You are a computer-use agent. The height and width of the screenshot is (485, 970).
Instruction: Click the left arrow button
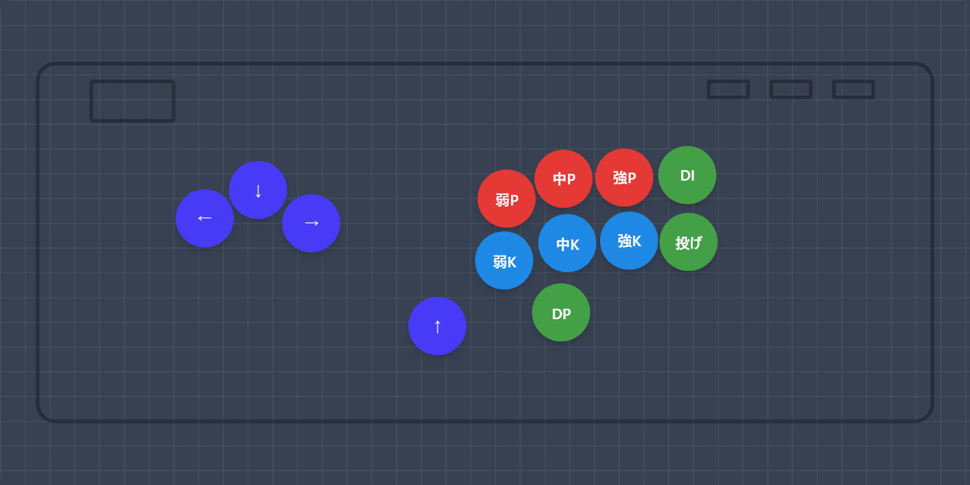point(205,218)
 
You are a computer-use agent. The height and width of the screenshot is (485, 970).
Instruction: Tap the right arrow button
point(311,223)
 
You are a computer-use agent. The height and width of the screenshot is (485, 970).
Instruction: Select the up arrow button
point(437,326)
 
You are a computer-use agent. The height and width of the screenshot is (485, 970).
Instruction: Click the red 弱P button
point(507,199)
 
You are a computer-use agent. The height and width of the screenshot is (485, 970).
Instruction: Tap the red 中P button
point(564,179)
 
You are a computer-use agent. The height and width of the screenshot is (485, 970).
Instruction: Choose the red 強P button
point(624,178)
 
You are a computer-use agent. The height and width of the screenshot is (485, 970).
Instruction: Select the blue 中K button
point(567,243)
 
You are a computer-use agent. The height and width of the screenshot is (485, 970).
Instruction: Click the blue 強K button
point(629,241)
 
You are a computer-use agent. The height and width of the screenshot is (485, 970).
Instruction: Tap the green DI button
point(687,175)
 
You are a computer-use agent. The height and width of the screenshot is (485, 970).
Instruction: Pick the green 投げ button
point(689,242)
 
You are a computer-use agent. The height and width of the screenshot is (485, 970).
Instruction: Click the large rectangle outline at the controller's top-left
point(132,101)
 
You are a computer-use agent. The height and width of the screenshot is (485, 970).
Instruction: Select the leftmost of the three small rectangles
point(728,89)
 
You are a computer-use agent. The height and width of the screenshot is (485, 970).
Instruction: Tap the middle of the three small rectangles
point(791,89)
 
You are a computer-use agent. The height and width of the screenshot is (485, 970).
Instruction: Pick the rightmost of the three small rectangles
point(853,89)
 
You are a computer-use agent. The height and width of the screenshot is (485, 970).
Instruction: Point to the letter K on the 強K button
point(637,241)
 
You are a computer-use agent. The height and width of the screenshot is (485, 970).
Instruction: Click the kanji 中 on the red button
point(559,179)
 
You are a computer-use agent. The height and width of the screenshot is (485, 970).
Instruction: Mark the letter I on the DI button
point(692,176)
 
